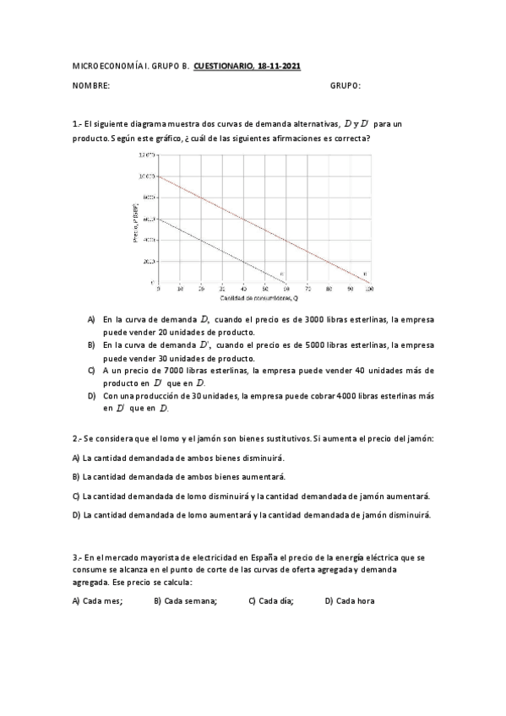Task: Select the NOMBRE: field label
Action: click(91, 86)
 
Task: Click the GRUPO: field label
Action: click(345, 86)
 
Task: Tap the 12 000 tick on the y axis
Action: click(145, 155)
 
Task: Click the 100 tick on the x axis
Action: click(368, 289)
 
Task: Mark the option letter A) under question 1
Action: click(91, 320)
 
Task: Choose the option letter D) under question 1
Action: click(91, 395)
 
